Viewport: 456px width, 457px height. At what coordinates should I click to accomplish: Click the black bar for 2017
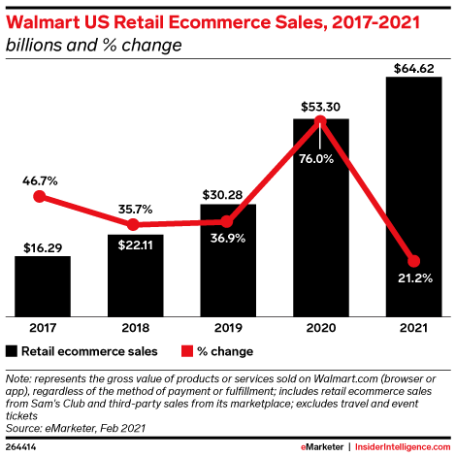42,286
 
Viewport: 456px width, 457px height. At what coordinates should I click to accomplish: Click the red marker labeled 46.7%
40,196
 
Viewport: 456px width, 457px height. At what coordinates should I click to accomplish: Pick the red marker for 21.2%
414,261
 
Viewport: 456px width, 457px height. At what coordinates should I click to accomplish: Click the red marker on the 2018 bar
135,224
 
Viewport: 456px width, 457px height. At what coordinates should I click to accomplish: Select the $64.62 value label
414,68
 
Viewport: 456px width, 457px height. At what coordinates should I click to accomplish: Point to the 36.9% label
229,239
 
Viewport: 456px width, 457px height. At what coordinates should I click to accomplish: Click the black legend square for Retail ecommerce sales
12,350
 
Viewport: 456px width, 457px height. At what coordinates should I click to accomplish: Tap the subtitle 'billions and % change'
84,45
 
